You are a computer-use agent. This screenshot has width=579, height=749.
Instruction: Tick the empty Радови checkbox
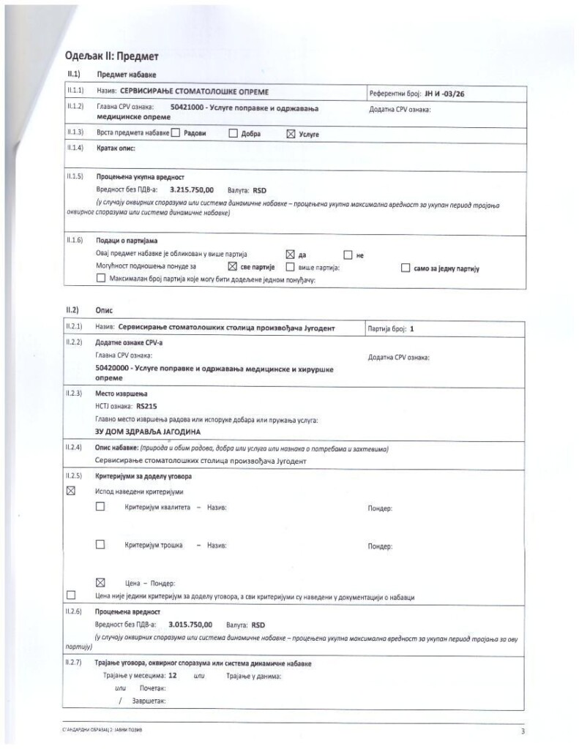click(x=175, y=134)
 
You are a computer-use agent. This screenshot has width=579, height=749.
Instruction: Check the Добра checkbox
click(x=233, y=134)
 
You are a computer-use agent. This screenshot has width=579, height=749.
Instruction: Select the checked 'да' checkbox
click(x=289, y=255)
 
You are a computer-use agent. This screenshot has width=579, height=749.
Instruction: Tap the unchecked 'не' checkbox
click(x=348, y=255)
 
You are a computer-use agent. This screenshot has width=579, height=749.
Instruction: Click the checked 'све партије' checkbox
click(x=233, y=267)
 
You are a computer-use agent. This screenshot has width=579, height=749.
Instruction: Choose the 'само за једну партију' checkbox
click(x=406, y=268)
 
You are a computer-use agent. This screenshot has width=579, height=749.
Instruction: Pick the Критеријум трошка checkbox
click(x=100, y=544)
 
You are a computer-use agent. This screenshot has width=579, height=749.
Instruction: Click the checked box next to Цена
click(x=100, y=582)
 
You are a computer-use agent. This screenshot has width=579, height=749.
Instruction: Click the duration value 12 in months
click(x=173, y=677)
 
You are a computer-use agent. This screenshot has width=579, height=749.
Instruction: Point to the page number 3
click(x=523, y=730)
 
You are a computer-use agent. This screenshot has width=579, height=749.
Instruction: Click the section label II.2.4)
click(x=75, y=448)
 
